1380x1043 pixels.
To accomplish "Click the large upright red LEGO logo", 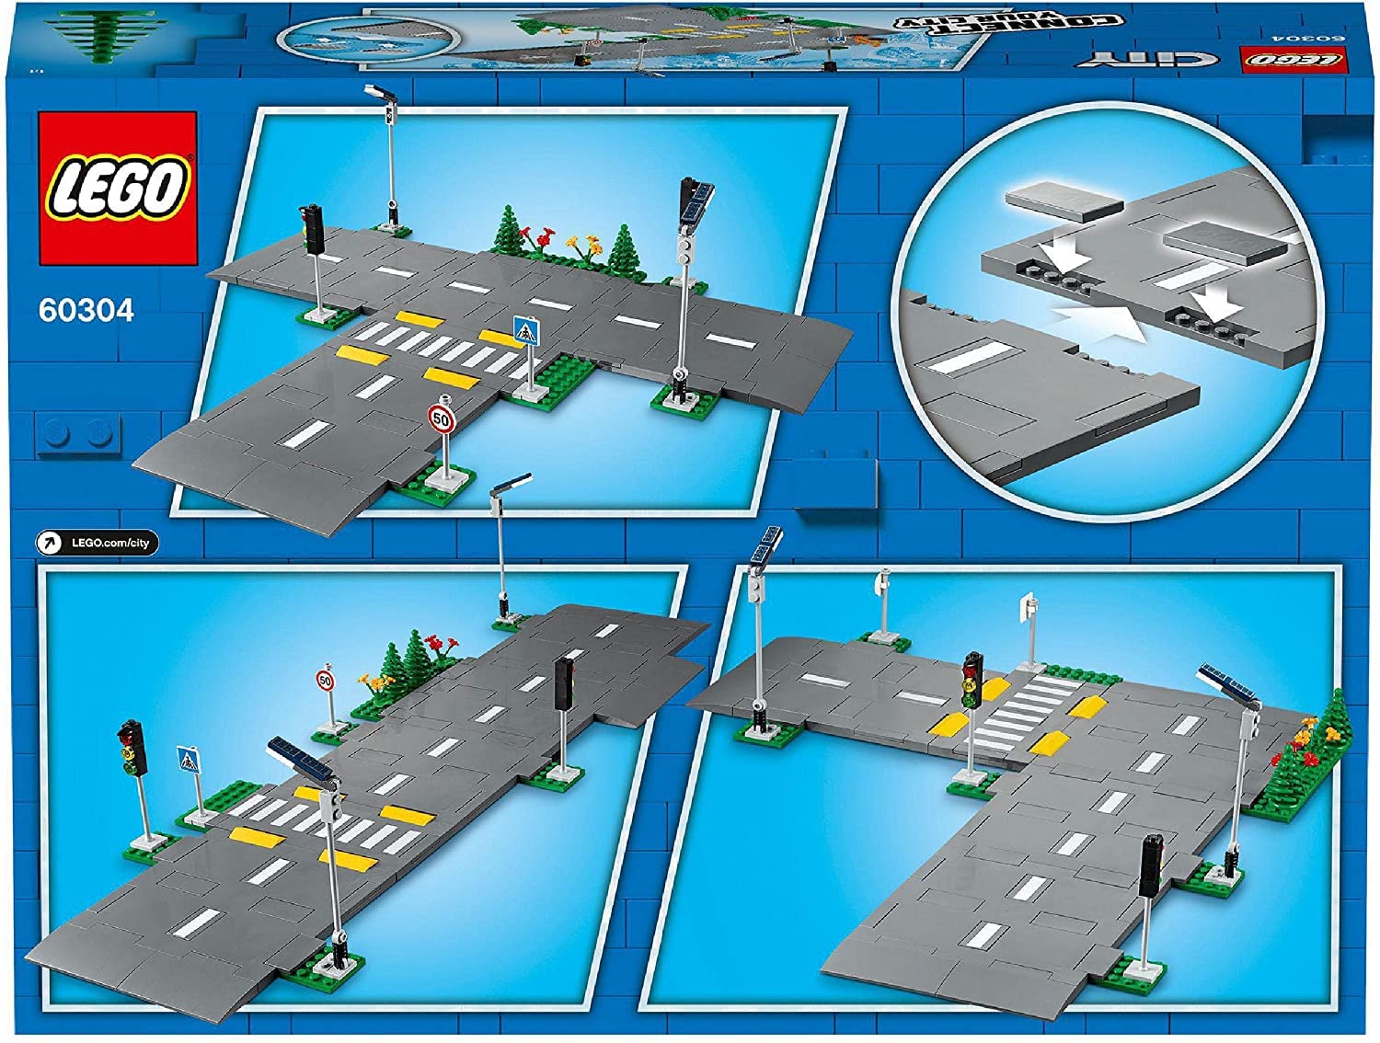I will pos(117,190).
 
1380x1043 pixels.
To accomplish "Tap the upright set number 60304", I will pos(86,311).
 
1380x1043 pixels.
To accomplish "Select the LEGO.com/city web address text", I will pos(110,543).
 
